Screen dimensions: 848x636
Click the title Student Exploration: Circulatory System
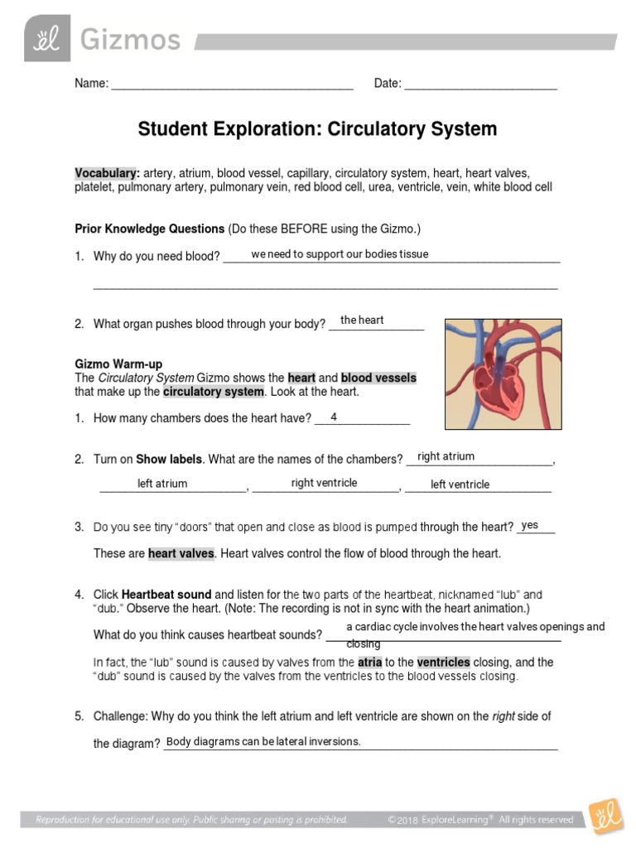click(x=317, y=129)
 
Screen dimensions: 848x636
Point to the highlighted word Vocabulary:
click(x=107, y=173)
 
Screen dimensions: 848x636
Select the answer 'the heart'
click(x=362, y=320)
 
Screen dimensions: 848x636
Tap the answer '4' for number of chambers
click(x=334, y=417)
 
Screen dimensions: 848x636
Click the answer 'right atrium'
click(x=446, y=456)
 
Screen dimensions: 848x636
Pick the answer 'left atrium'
click(x=162, y=484)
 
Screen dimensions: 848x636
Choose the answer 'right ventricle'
click(x=324, y=483)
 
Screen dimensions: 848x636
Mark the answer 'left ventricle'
click(x=460, y=484)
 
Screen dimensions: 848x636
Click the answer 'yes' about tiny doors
click(x=529, y=525)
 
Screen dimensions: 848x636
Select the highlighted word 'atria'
click(x=369, y=662)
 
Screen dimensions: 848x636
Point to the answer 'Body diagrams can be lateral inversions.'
click(x=263, y=741)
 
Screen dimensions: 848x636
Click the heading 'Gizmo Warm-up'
click(x=118, y=364)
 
